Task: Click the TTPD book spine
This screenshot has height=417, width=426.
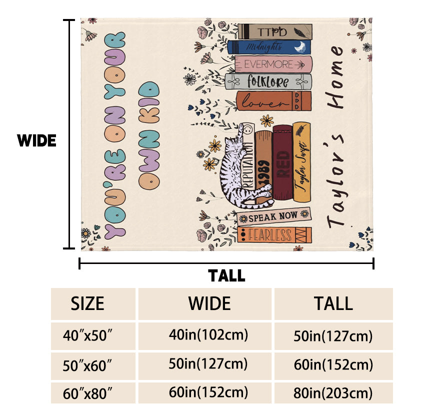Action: click(x=274, y=31)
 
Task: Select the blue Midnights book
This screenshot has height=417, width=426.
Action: click(x=269, y=47)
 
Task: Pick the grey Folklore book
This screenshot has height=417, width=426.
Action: click(x=268, y=81)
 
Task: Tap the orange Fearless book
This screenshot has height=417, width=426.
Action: click(x=274, y=234)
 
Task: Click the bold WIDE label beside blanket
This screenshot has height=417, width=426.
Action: click(x=36, y=141)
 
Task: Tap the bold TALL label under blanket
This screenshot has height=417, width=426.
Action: click(x=226, y=275)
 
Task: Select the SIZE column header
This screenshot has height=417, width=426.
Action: click(x=87, y=303)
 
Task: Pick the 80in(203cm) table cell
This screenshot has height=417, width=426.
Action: click(x=333, y=392)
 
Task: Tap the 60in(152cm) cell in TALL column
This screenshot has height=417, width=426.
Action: click(x=333, y=364)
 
